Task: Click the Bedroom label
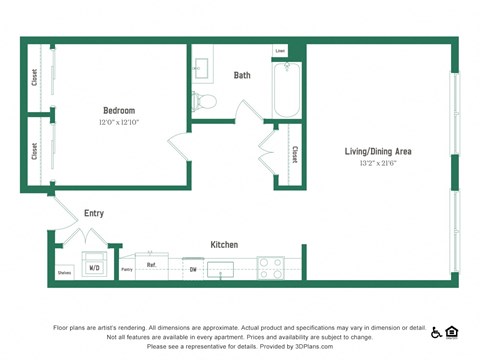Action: (x=118, y=110)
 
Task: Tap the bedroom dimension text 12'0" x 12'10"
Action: (x=118, y=122)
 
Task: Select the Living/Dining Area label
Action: (x=378, y=151)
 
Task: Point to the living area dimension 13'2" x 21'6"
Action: (x=378, y=163)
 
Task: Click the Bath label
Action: (x=242, y=75)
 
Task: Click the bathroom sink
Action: (x=201, y=67)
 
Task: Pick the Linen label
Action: (x=280, y=50)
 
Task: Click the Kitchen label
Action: (x=224, y=244)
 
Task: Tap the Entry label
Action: (x=94, y=213)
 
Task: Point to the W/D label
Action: (x=95, y=268)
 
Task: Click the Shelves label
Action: (x=64, y=272)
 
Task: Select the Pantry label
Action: (x=127, y=269)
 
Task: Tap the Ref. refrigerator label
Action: (x=151, y=265)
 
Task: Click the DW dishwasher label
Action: (x=193, y=269)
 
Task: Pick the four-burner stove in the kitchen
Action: (x=271, y=267)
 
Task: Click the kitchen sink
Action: (x=220, y=268)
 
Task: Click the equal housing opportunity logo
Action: (x=452, y=332)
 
